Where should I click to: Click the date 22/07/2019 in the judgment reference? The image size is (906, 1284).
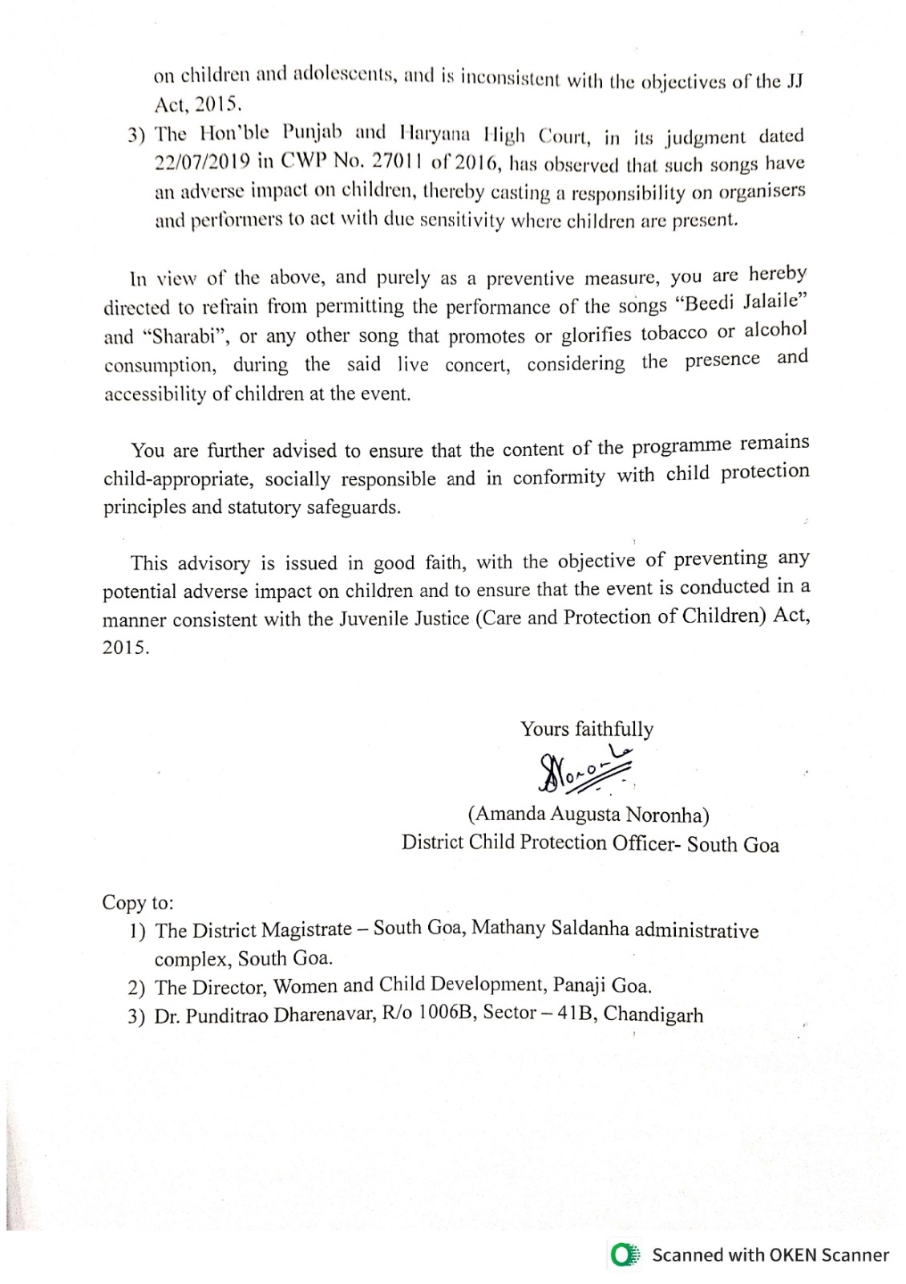(x=203, y=161)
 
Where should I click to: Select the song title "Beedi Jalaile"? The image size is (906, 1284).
(x=739, y=306)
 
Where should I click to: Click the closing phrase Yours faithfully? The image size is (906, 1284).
(x=587, y=729)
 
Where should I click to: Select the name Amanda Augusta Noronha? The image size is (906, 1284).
(x=588, y=815)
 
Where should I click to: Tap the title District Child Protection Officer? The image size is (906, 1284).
(x=538, y=843)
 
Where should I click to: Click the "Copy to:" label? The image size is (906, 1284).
(x=137, y=903)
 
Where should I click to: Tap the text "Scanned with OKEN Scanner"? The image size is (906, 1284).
(x=770, y=1255)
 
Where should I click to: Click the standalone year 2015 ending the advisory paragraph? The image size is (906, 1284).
(x=126, y=648)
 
